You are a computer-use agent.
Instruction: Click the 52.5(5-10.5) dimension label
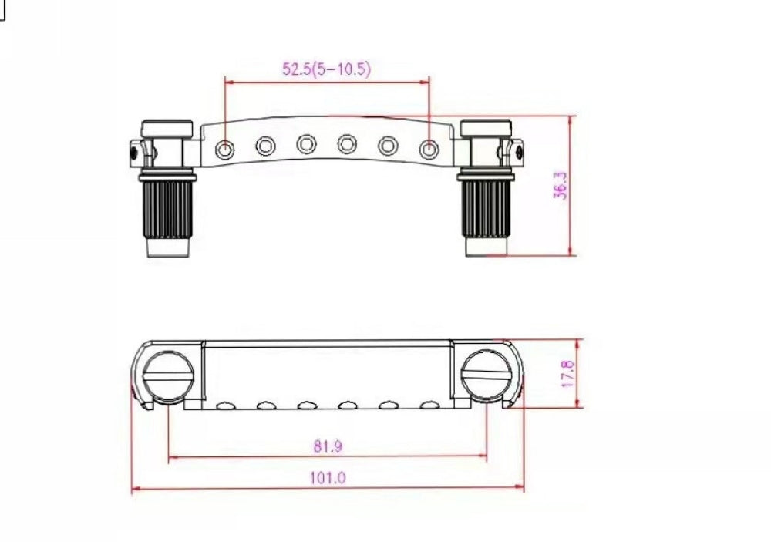click(326, 69)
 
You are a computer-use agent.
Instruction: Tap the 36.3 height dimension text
click(561, 185)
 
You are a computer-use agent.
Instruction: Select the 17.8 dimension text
click(567, 373)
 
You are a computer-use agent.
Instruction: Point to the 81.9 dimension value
click(328, 446)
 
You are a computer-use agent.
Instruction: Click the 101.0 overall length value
click(328, 477)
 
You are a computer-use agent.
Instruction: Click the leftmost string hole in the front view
click(224, 149)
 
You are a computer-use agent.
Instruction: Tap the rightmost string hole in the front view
click(429, 149)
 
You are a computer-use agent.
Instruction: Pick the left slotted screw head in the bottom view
click(168, 377)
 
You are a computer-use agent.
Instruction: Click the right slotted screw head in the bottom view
click(487, 377)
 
